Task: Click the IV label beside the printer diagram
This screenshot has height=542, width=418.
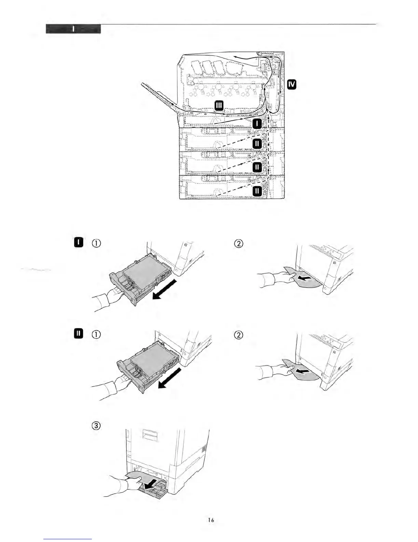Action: pyautogui.click(x=292, y=84)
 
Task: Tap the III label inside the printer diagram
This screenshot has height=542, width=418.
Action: pyautogui.click(x=219, y=106)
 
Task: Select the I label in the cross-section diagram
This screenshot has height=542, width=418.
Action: pyautogui.click(x=257, y=124)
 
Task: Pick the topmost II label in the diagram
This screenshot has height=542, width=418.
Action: pyautogui.click(x=257, y=144)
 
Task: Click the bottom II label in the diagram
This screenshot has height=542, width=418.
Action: pyautogui.click(x=257, y=191)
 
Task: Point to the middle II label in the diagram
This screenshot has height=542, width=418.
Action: pyautogui.click(x=257, y=167)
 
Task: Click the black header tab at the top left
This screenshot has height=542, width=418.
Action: pyautogui.click(x=73, y=29)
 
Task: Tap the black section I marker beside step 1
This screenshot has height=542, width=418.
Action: pyautogui.click(x=79, y=243)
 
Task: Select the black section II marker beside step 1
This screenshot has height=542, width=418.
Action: pyautogui.click(x=79, y=333)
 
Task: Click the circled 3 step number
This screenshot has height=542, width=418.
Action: pyautogui.click(x=96, y=426)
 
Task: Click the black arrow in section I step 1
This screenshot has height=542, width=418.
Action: pyautogui.click(x=165, y=289)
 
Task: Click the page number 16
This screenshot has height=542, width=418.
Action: pyautogui.click(x=211, y=520)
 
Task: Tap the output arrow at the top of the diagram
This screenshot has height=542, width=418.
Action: pyautogui.click(x=245, y=59)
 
